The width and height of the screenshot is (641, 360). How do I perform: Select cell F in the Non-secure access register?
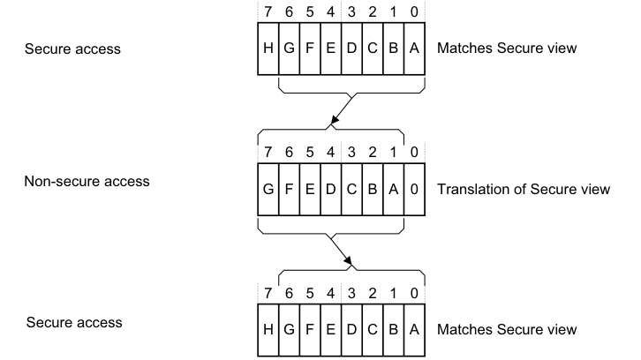(x=288, y=190)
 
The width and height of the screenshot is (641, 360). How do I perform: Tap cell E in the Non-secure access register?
(x=307, y=190)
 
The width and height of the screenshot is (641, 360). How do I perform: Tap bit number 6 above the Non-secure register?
(x=288, y=152)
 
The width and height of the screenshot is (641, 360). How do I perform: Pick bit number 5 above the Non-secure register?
(x=307, y=152)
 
